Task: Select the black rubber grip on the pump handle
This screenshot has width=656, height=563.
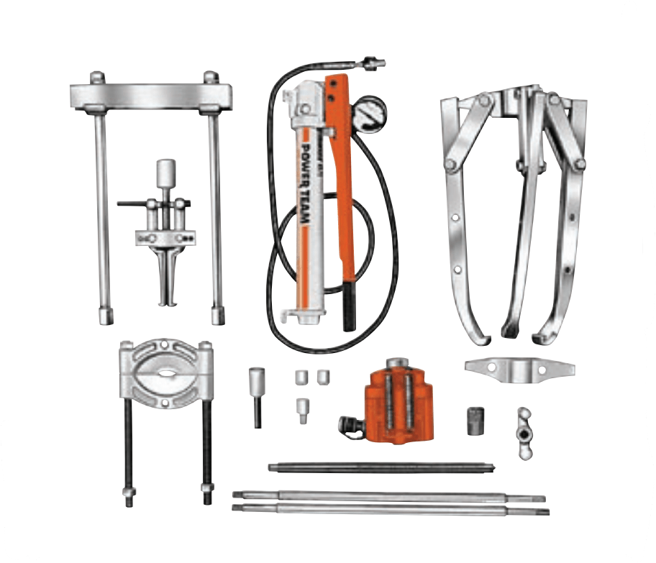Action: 349,305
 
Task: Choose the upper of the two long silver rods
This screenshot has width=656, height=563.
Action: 388,495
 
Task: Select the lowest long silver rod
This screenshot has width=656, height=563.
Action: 388,509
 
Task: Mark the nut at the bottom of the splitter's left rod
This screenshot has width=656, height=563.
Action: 128,495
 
